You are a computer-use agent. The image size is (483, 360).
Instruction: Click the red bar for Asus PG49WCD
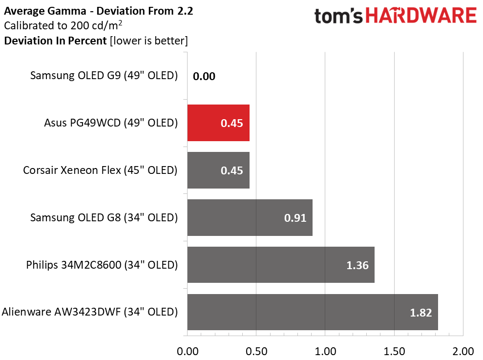(x=218, y=123)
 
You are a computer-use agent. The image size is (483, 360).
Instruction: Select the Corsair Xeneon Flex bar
(x=218, y=170)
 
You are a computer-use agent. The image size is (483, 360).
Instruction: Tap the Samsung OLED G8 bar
(x=250, y=217)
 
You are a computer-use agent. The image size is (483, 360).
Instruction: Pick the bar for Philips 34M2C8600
(x=281, y=265)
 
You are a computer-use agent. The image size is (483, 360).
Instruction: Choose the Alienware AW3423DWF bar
(x=313, y=312)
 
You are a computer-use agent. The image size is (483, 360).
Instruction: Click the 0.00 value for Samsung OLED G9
(x=204, y=76)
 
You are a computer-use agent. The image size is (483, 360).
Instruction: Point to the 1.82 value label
(x=421, y=313)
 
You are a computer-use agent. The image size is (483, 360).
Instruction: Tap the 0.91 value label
(x=295, y=218)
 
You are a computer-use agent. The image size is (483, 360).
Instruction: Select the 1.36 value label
(x=357, y=265)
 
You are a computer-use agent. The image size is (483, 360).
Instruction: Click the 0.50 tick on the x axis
(x=256, y=351)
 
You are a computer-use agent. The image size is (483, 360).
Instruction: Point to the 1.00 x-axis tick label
(x=325, y=351)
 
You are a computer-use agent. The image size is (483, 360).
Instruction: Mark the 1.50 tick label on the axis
(x=394, y=351)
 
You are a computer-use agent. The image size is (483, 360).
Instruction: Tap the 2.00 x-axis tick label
(x=463, y=351)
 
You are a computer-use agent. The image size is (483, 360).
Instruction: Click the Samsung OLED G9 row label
(x=104, y=76)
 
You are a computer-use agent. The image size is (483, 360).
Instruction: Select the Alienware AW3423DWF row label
(x=90, y=312)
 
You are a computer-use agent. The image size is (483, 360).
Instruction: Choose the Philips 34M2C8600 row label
(x=102, y=265)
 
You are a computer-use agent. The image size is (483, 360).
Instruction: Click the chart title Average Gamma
(x=45, y=11)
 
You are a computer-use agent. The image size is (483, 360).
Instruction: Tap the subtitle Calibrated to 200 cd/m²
(x=63, y=25)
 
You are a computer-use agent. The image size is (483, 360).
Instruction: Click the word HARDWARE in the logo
(x=421, y=16)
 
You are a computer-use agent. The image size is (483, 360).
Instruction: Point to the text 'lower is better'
(x=149, y=41)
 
